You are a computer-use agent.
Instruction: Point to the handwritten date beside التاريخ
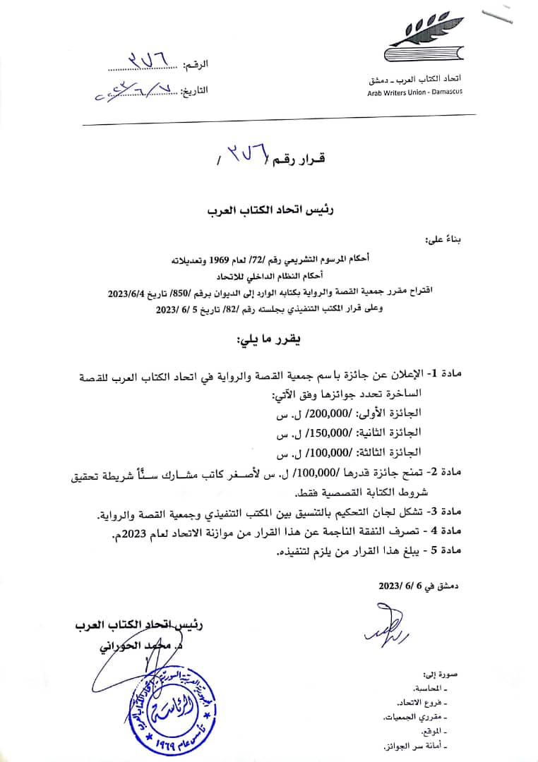pos(134,92)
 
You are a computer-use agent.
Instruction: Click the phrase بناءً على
pos(441,241)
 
